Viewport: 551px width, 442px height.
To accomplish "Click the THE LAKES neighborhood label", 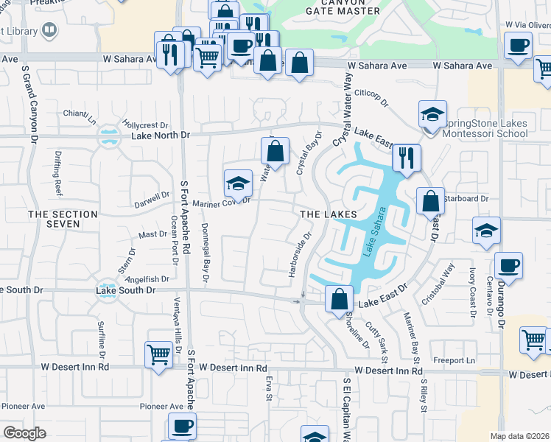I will tap(328, 214).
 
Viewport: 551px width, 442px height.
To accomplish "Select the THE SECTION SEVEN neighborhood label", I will tap(63, 219).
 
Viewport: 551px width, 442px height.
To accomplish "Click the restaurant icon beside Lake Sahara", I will tap(406, 158).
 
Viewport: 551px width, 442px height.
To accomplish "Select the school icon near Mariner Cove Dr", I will tap(238, 183).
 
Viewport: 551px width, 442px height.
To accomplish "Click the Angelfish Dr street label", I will tap(148, 279).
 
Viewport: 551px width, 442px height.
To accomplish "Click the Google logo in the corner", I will tap(24, 433).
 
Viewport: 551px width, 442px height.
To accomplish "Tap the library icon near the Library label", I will tap(49, 30).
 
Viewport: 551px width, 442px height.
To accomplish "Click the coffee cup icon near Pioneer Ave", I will tap(181, 425).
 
